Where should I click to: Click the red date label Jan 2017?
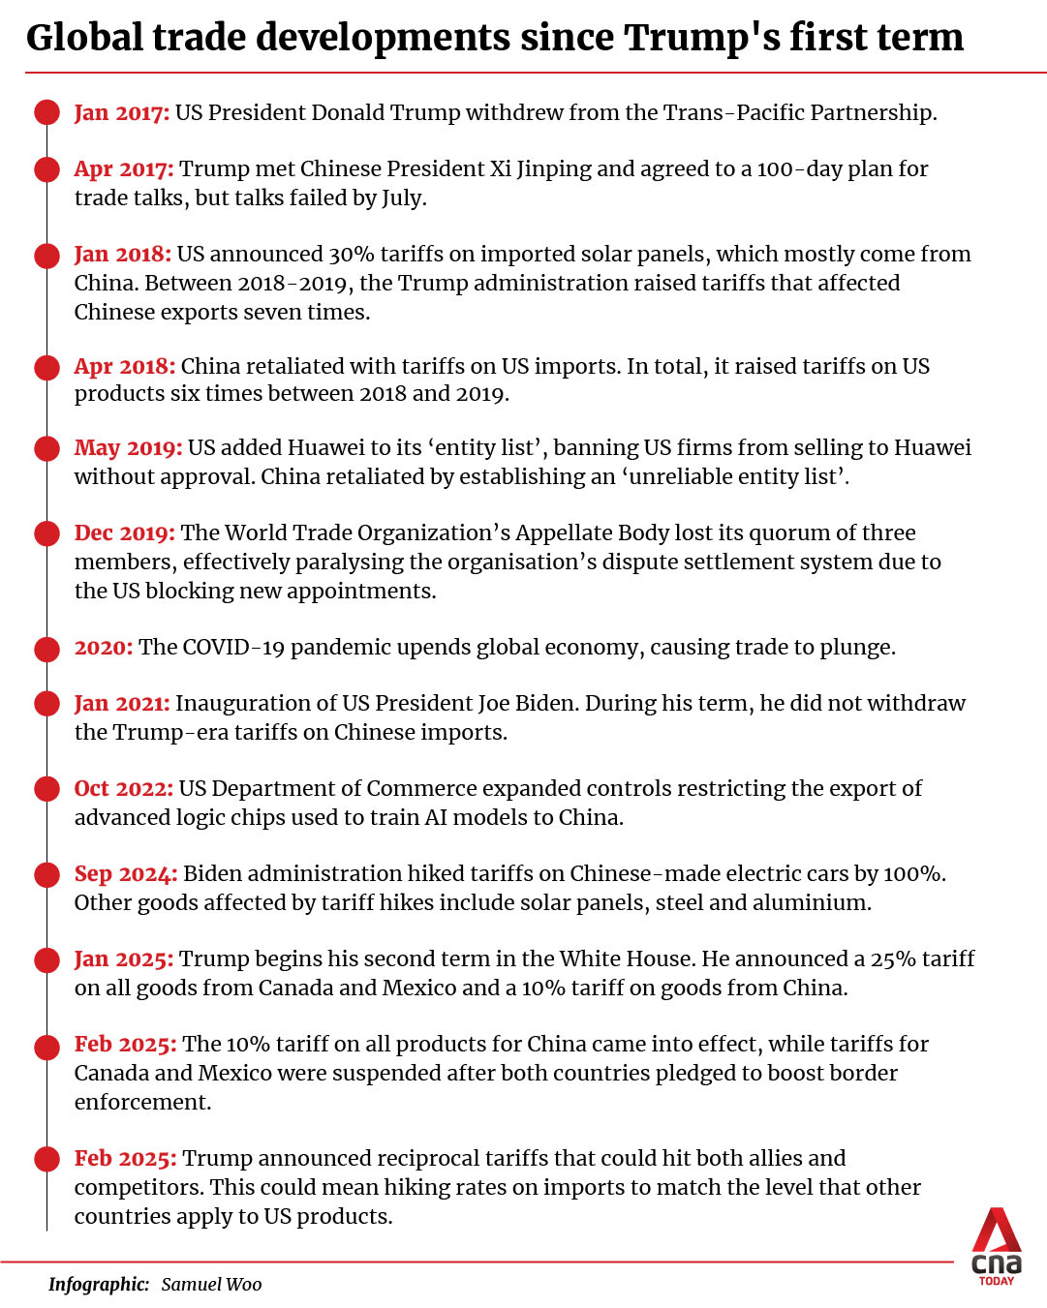point(122,113)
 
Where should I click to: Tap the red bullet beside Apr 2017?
point(46,169)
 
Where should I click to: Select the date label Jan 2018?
point(123,255)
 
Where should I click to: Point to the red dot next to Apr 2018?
point(46,368)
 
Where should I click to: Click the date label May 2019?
point(128,448)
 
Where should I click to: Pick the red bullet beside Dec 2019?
point(46,533)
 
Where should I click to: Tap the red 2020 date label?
point(104,648)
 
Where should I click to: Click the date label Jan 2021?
point(122,704)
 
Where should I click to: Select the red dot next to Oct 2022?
point(46,789)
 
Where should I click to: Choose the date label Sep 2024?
point(126,874)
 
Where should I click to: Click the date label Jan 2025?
point(124,959)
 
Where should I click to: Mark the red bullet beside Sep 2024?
point(46,875)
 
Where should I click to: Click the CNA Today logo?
point(997,1246)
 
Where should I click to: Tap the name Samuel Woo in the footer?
point(211,1285)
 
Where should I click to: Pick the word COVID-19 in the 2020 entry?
point(233,648)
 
